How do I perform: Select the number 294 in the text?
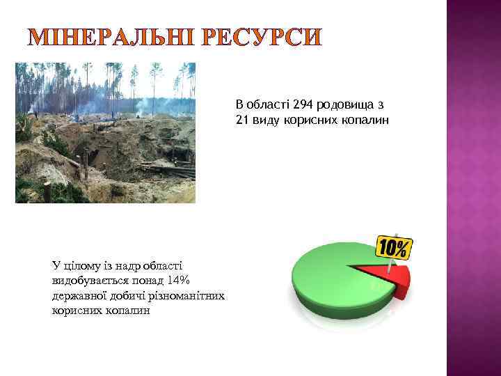[x=303, y=105]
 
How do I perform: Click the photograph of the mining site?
[x=105, y=132]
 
